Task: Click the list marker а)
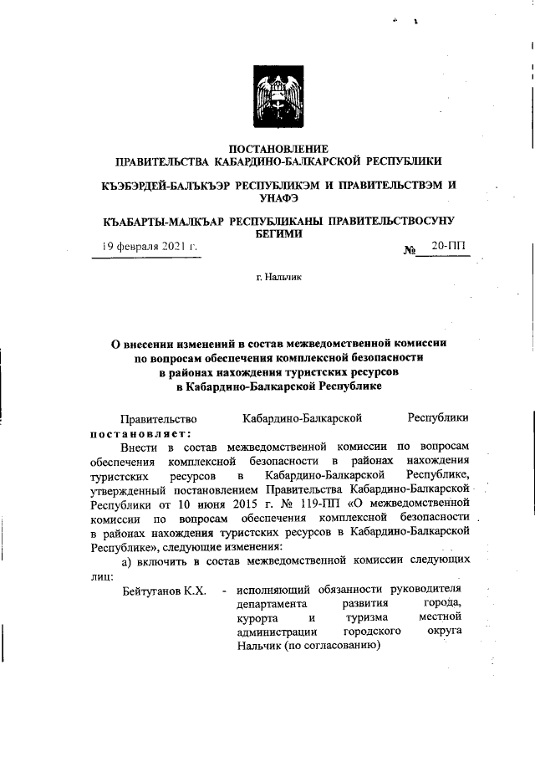tap(129, 559)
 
